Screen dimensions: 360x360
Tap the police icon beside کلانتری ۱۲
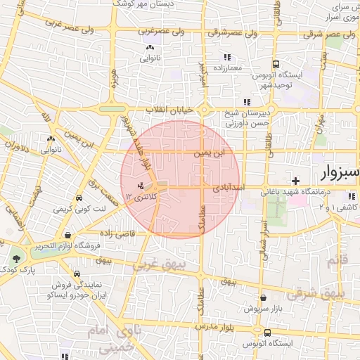pos(142,186)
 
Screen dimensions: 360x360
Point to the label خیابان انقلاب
pos(173,110)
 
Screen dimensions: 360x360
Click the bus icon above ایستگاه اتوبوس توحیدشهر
pos(276,63)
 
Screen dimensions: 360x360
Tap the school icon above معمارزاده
pos(226,57)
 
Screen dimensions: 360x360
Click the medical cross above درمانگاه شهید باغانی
pos(296,180)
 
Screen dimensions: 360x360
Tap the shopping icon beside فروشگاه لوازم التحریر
pos(67,235)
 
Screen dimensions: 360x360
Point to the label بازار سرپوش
pos(263,309)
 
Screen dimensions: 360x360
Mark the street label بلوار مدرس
pos(211,328)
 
